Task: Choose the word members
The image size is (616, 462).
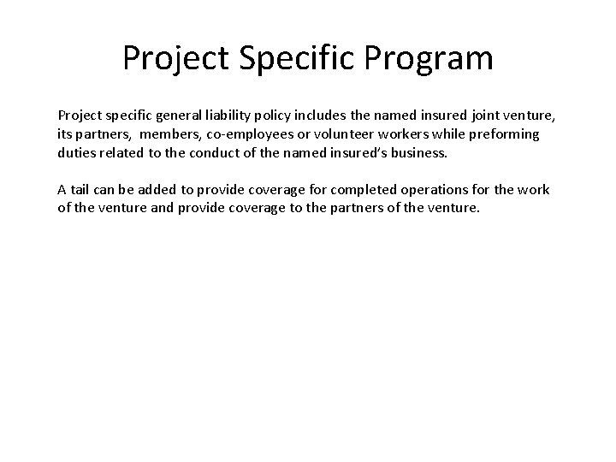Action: [168, 133]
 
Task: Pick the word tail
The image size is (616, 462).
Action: [82, 189]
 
